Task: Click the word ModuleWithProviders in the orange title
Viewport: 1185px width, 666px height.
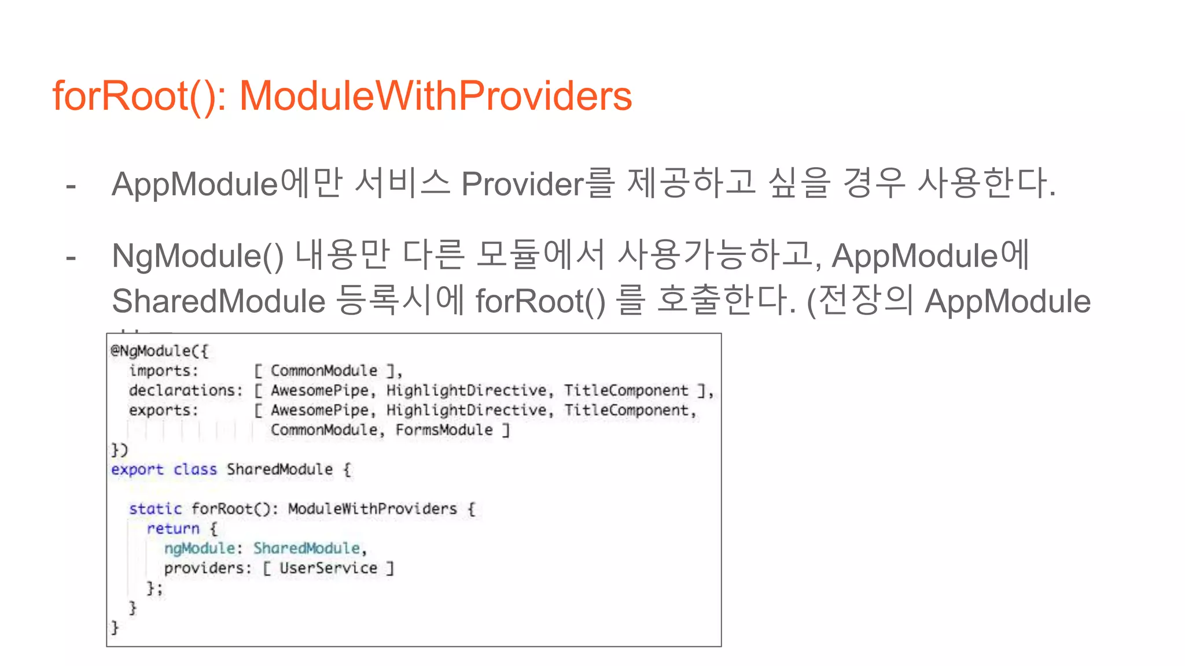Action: click(435, 95)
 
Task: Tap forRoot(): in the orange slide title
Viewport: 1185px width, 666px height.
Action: click(139, 95)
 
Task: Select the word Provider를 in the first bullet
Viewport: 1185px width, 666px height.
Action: click(538, 184)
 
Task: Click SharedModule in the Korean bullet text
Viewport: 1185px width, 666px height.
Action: click(219, 301)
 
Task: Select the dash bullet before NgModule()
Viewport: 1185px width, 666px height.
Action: click(71, 258)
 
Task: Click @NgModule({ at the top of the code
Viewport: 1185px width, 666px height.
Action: click(160, 351)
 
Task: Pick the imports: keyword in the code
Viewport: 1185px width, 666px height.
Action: click(164, 371)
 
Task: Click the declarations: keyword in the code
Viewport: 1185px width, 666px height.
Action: click(186, 390)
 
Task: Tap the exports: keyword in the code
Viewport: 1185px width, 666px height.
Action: click(164, 410)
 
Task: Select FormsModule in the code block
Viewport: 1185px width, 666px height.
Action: click(444, 430)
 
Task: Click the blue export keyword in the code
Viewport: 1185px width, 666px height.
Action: click(137, 469)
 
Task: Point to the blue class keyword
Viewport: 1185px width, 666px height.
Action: click(195, 469)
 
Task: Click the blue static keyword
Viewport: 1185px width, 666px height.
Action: click(155, 509)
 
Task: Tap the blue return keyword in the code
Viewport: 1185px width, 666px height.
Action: click(173, 528)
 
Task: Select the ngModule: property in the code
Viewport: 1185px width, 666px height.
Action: click(203, 548)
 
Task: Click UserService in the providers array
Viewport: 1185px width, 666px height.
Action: click(328, 568)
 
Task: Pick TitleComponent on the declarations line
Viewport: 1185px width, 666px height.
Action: click(626, 390)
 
